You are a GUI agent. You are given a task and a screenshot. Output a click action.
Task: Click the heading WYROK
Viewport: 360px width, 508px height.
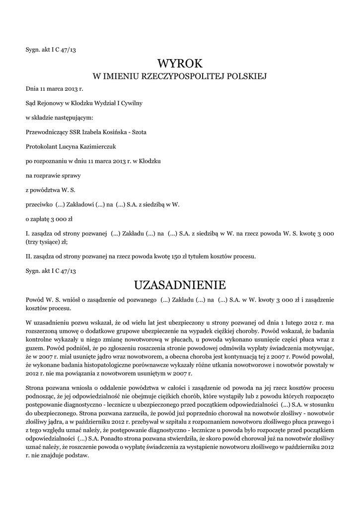click(x=180, y=63)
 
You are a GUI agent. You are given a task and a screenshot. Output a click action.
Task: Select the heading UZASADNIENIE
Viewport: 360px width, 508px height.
click(x=180, y=285)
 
